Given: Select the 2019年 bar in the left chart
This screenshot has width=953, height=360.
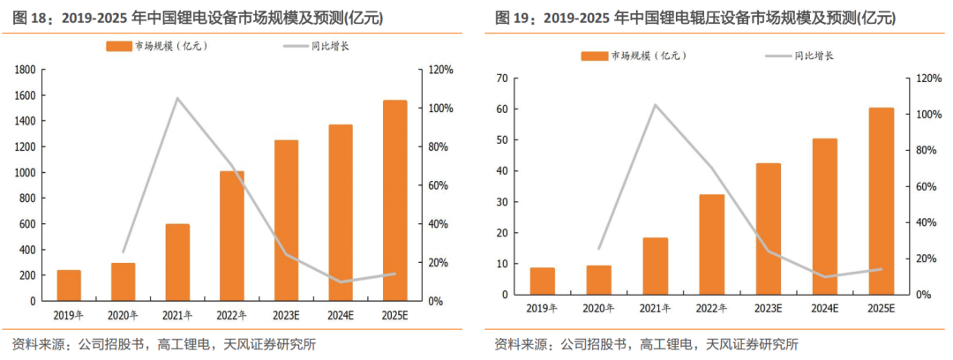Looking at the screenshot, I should (69, 285).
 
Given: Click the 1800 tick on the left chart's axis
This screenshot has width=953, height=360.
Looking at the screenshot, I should (26, 70).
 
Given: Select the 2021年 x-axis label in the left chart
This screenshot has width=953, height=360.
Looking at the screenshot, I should (177, 314).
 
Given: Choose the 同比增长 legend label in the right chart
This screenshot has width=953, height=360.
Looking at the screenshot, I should (814, 56).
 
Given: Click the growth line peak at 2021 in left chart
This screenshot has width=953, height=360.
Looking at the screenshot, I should (177, 98).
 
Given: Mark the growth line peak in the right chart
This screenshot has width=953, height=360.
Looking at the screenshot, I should (656, 105).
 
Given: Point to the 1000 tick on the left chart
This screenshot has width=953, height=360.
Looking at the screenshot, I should (26, 173).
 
